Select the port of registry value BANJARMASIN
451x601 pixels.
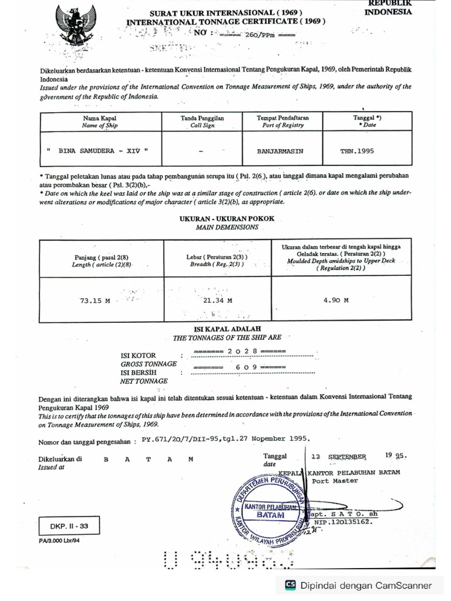[280, 151]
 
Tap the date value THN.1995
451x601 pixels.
[357, 151]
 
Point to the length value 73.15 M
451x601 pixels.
[95, 300]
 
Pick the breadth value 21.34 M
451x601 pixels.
[217, 300]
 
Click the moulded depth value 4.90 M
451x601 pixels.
[336, 300]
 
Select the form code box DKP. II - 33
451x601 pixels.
[65, 526]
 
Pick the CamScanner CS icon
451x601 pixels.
[291, 585]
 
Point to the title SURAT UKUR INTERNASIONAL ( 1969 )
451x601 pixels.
[226, 12]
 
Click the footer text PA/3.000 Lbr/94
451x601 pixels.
[59, 541]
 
